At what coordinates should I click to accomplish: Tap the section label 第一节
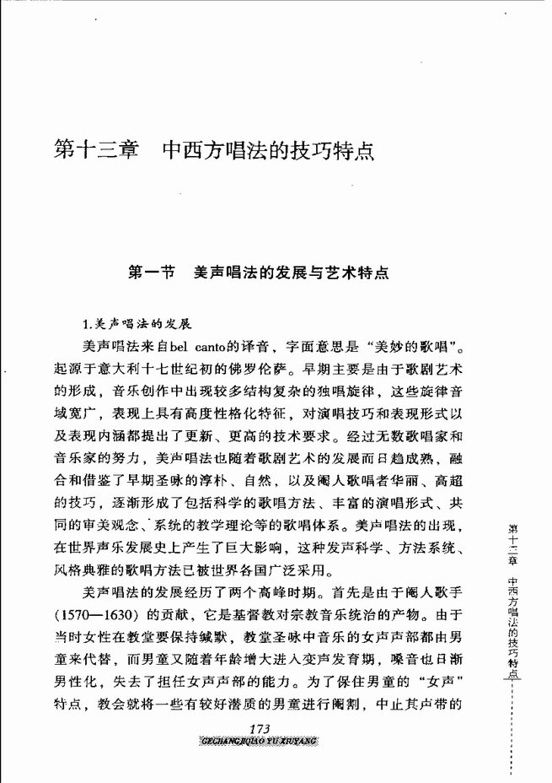[x=151, y=273]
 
